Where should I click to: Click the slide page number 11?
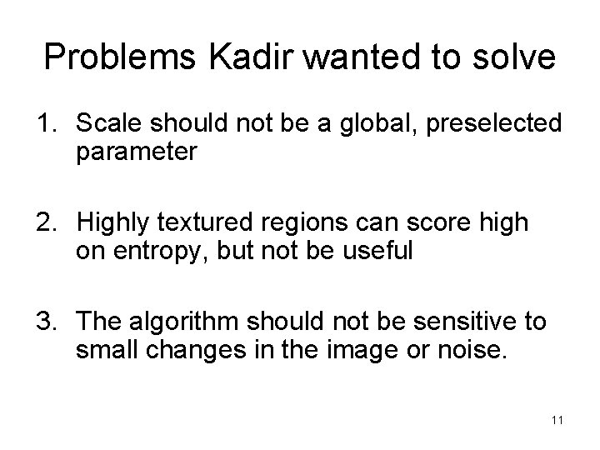click(557, 419)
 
